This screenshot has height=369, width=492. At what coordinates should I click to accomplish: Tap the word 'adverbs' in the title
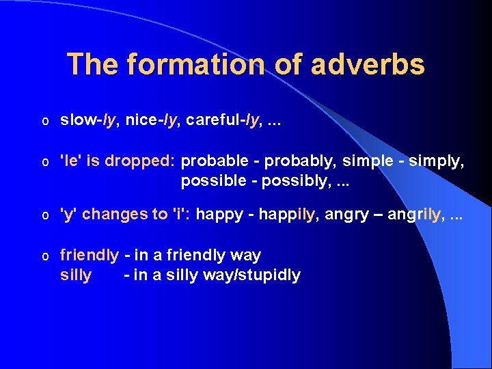click(368, 65)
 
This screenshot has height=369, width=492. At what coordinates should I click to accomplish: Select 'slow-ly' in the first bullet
click(87, 120)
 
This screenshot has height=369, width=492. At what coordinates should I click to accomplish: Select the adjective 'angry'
click(348, 215)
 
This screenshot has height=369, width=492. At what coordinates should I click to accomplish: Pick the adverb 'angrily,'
click(416, 215)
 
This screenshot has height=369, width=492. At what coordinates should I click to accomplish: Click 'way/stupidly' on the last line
click(257, 275)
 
